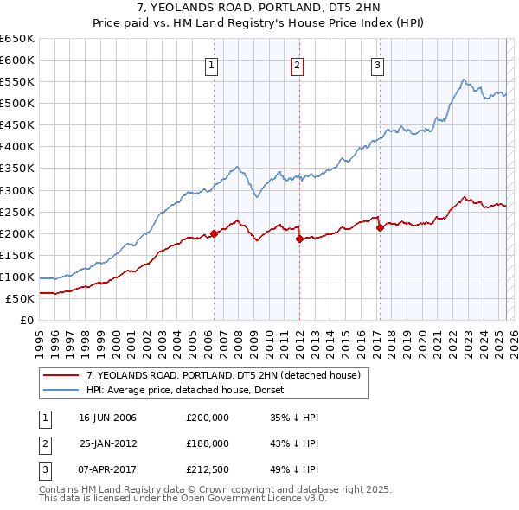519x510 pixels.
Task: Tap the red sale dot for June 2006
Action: (x=214, y=233)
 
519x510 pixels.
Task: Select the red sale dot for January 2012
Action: (x=299, y=239)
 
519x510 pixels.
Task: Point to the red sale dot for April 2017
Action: (x=380, y=227)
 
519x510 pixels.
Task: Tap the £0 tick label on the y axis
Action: (x=28, y=320)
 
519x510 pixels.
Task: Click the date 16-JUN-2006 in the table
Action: (x=107, y=418)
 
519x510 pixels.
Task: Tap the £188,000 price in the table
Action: (x=208, y=443)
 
